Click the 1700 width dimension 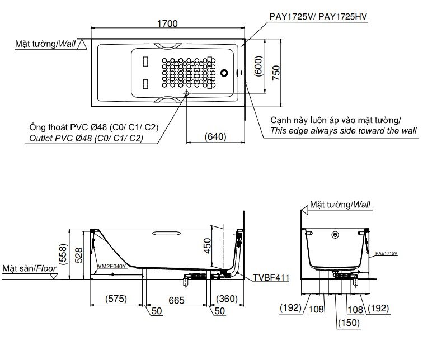pos(167,23)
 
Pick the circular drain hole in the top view pos(225,73)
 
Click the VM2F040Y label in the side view pos(111,267)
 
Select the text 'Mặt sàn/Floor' pos(29,269)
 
